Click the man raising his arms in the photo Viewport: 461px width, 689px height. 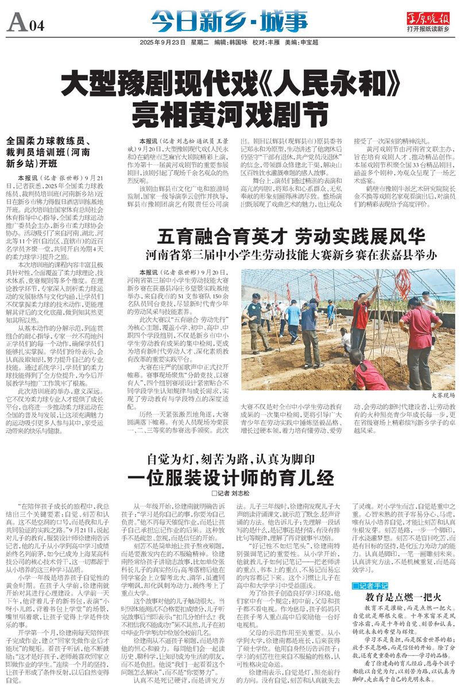click(x=361, y=316)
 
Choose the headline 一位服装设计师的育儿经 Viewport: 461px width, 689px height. click(x=230, y=478)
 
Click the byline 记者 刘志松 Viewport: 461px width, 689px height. click(x=231, y=493)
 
